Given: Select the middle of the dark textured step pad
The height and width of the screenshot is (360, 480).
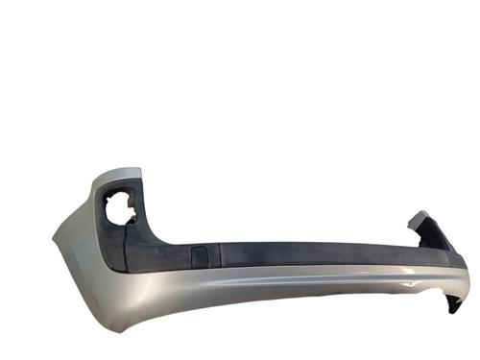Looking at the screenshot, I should [x=288, y=255].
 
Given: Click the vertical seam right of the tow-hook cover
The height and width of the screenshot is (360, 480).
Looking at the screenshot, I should [x=219, y=254].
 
